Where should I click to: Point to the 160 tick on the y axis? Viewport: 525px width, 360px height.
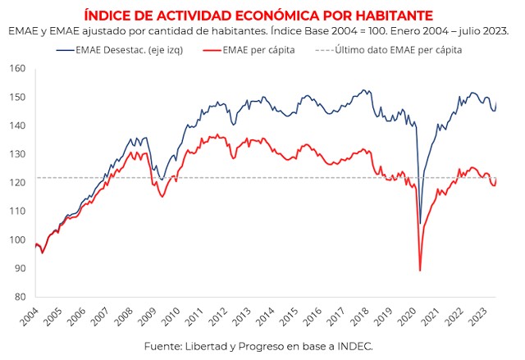(x=18, y=69)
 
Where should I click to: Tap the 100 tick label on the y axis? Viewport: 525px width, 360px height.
(x=18, y=239)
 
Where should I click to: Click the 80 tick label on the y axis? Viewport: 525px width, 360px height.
(x=20, y=297)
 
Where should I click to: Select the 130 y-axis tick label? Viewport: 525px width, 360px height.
(x=18, y=154)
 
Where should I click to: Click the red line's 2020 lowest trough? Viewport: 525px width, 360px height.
(x=420, y=271)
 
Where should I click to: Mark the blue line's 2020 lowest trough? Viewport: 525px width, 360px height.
(x=420, y=223)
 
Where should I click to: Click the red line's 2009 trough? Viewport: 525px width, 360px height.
(x=162, y=197)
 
